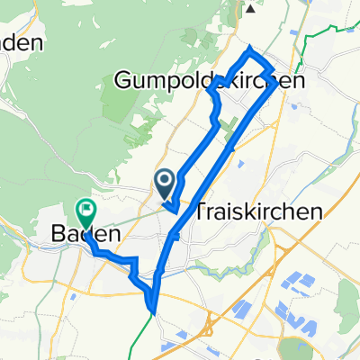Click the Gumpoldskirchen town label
click(x=209, y=81)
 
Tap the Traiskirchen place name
click(x=258, y=211)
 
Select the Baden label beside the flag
click(x=82, y=233)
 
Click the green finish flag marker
click(x=86, y=212)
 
